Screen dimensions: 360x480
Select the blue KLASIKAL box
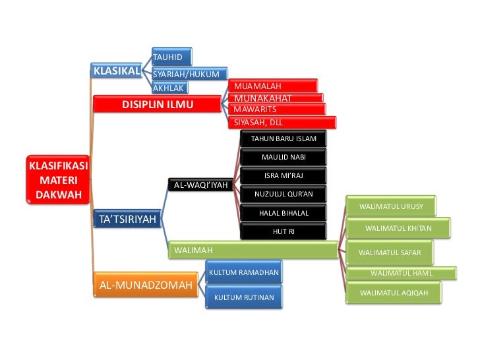tap(117, 71)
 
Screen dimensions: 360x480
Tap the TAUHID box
tap(171, 57)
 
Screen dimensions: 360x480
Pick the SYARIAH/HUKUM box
tap(189, 74)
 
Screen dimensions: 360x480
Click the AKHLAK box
tap(169, 88)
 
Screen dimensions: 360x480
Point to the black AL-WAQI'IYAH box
tap(200, 185)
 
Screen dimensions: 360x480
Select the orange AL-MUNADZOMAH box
tap(145, 285)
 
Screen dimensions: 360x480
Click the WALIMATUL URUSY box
tap(392, 206)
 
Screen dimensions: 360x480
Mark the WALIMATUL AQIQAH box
tap(393, 292)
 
